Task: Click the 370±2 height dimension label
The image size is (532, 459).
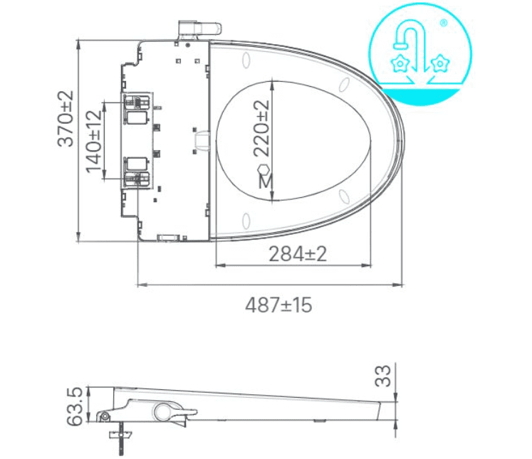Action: (66, 118)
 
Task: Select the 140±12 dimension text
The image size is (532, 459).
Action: (93, 141)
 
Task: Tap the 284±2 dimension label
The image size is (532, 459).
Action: (297, 253)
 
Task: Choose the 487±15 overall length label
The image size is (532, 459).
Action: (278, 305)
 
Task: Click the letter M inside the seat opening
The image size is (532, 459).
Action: (264, 181)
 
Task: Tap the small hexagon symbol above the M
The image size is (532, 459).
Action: (264, 169)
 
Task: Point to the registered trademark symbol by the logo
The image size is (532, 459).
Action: (444, 23)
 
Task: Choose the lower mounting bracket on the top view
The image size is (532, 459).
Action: (136, 172)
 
